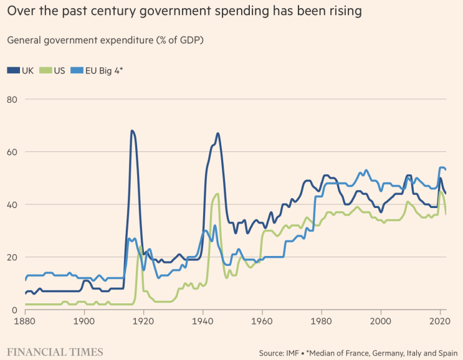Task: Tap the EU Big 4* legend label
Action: click(103, 70)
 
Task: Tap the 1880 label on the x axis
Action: click(26, 321)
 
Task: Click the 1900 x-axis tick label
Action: click(84, 321)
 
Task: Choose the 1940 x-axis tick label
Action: click(203, 321)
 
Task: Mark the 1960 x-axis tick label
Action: click(262, 321)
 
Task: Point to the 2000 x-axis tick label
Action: click(380, 321)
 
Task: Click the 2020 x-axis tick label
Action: click(439, 321)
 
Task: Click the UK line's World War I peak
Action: click(132, 131)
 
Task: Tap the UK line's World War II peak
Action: click(217, 133)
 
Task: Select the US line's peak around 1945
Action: click(217, 194)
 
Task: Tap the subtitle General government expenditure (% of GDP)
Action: click(105, 40)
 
